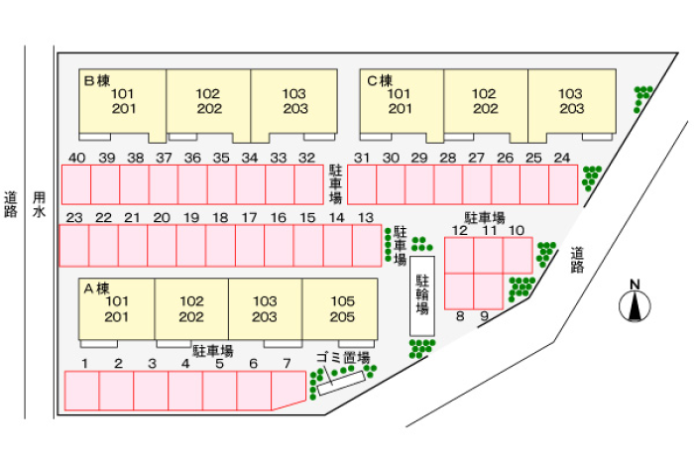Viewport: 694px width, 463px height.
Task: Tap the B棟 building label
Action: [97, 80]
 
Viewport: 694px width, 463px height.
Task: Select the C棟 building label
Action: [380, 80]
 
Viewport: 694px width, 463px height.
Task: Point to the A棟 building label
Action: [96, 289]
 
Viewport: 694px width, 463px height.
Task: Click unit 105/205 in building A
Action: [340, 309]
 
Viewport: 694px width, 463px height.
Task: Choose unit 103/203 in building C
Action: [572, 102]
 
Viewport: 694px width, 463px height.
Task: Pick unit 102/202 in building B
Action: [208, 102]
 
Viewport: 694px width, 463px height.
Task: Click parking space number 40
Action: [76, 184]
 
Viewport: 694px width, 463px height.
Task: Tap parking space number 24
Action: [563, 184]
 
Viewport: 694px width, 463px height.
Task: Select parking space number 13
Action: [367, 246]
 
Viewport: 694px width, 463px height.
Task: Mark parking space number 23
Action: [74, 246]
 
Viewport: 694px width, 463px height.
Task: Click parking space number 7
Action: [289, 390]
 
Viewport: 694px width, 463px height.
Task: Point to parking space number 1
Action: [82, 391]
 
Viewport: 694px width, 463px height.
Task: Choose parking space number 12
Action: [459, 256]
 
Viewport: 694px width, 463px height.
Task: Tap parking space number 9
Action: [488, 291]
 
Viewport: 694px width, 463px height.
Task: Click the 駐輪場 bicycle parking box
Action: [421, 295]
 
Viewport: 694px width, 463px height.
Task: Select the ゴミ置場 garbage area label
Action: [343, 358]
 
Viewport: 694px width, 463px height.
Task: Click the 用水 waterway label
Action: [39, 204]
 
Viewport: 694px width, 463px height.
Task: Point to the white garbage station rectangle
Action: [341, 384]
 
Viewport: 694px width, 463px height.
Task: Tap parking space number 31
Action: [362, 184]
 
